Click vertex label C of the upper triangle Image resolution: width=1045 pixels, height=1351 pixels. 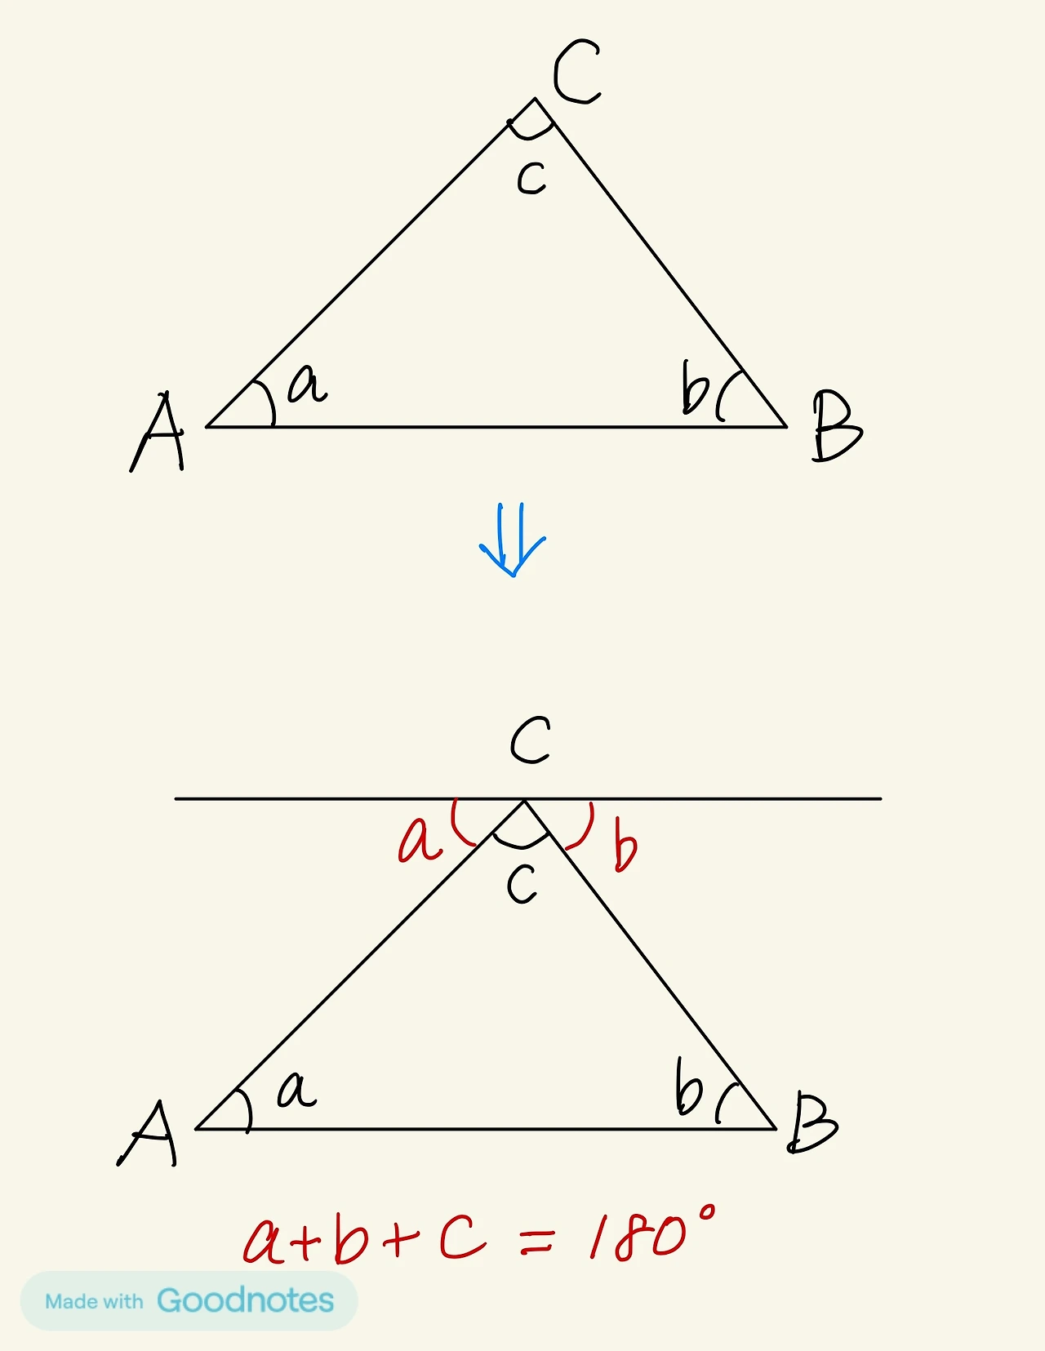(x=576, y=73)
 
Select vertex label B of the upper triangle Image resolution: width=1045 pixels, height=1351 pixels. (x=836, y=426)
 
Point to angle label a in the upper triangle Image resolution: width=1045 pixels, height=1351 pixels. (x=308, y=384)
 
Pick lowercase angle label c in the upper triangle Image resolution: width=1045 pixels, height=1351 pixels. (x=531, y=178)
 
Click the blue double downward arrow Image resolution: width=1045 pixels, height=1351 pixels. (x=512, y=540)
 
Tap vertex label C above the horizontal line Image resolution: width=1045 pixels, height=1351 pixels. (x=531, y=740)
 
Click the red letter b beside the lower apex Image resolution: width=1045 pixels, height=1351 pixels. (x=625, y=851)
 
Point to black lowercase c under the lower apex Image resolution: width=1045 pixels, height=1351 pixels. (x=522, y=884)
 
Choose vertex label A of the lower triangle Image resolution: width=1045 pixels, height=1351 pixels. (x=149, y=1133)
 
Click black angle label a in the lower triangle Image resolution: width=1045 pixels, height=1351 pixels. (x=296, y=1090)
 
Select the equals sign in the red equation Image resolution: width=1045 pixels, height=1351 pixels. (x=536, y=1242)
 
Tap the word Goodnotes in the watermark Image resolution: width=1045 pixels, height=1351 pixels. (x=245, y=1300)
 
